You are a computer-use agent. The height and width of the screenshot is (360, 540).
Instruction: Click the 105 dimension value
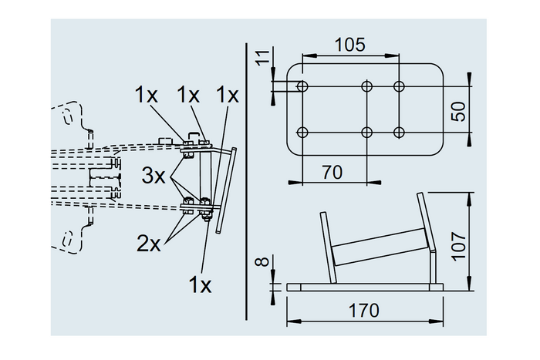[350, 45]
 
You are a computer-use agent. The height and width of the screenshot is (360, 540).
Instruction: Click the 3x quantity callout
[154, 175]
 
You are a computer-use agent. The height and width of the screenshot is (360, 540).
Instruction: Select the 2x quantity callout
[149, 244]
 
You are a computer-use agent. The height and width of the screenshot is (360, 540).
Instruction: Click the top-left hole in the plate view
[302, 85]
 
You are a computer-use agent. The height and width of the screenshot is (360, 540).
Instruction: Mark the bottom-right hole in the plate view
[399, 132]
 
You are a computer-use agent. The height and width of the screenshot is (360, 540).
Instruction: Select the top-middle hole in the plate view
[366, 85]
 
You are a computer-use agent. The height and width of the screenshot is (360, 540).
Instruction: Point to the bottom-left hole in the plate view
[302, 132]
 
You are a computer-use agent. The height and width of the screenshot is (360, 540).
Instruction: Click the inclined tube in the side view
[378, 250]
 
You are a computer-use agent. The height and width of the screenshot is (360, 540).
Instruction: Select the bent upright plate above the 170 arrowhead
[430, 239]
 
